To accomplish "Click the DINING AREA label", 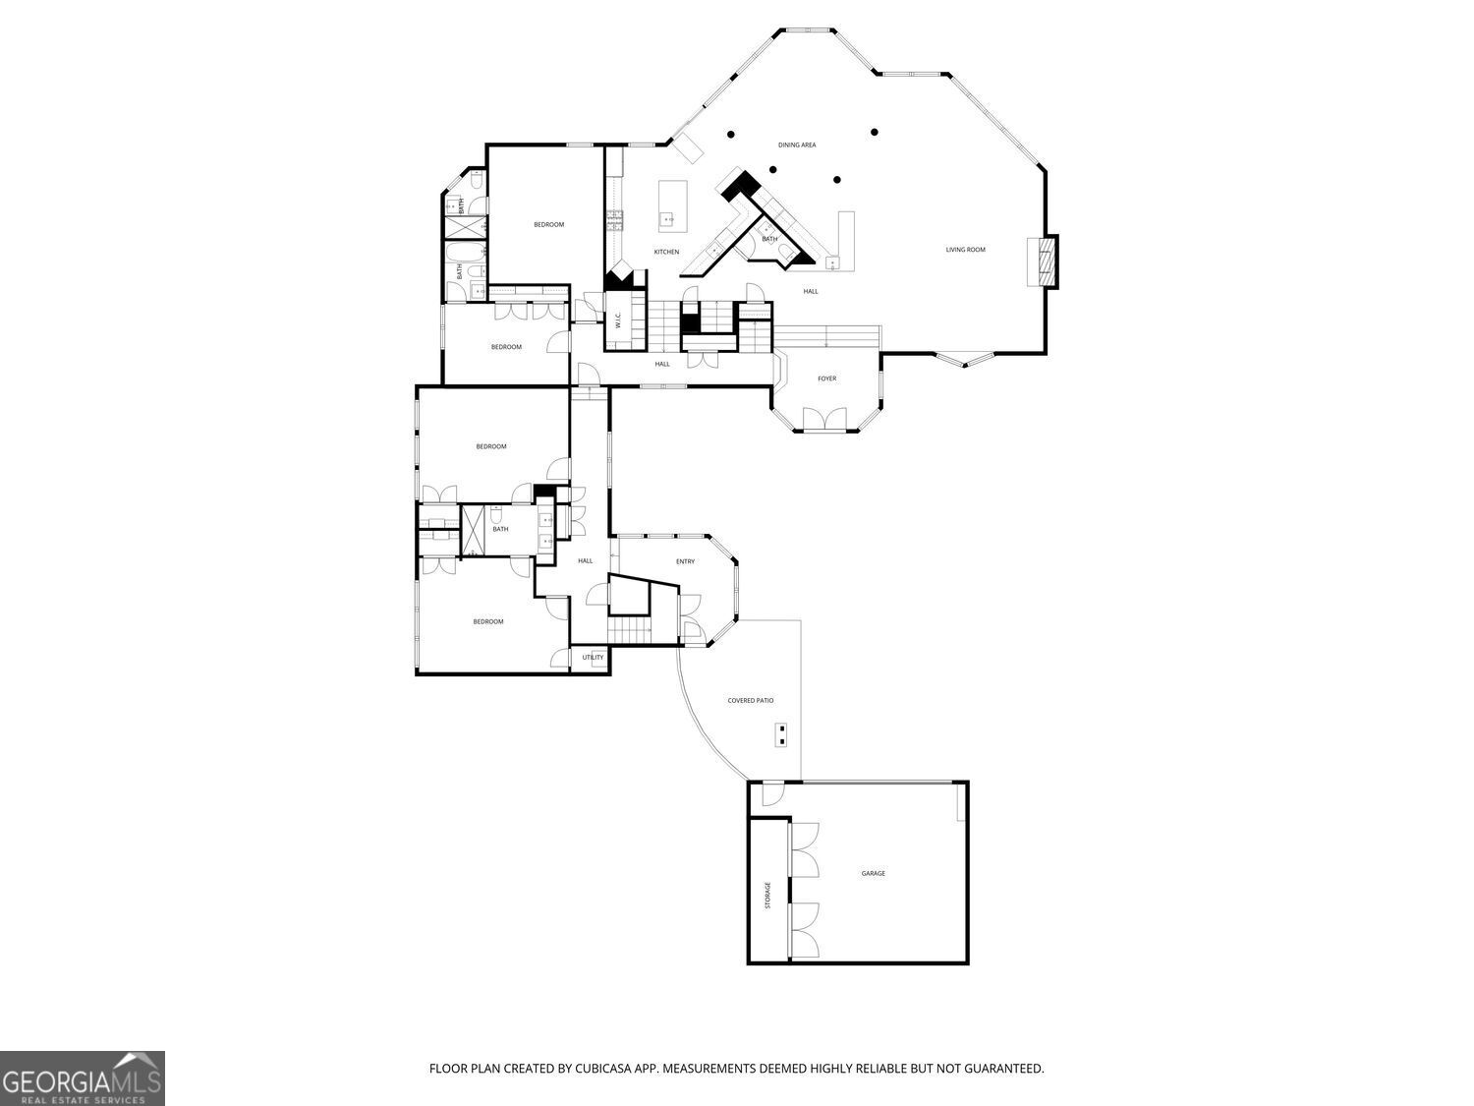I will click(797, 146).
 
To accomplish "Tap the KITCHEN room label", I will click(666, 253).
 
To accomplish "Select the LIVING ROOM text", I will click(965, 250).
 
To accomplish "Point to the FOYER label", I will click(827, 378).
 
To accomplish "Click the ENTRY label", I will click(685, 561).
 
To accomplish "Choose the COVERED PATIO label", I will click(750, 701).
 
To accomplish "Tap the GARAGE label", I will click(873, 873).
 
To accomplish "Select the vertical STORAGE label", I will click(768, 895).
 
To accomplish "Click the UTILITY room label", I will click(593, 658).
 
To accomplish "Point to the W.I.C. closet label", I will click(618, 320).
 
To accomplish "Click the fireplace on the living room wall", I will click(1043, 262).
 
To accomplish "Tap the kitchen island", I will click(671, 204).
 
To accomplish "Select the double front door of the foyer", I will click(823, 420).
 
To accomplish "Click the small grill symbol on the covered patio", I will click(782, 734).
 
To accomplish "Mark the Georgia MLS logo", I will click(83, 1078).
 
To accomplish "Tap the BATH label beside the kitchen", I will click(769, 239).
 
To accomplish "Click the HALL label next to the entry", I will click(585, 561).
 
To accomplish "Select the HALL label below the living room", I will click(811, 291).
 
